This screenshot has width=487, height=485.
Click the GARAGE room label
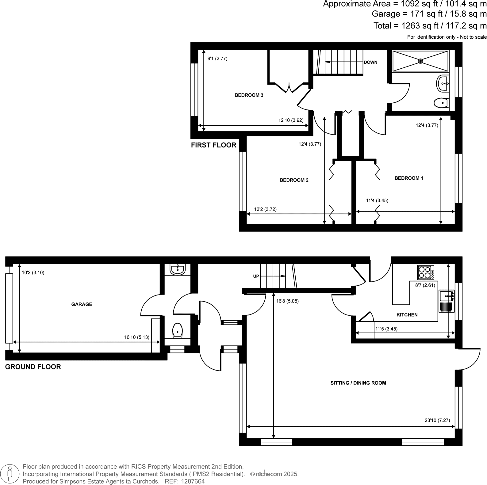pyautogui.click(x=82, y=304)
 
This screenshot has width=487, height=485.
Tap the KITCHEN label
pyautogui.click(x=407, y=315)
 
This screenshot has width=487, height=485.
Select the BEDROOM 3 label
pyautogui.click(x=249, y=95)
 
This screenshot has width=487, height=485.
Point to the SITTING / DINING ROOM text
pyautogui.click(x=358, y=383)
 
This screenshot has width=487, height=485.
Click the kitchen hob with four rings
pyautogui.click(x=426, y=272)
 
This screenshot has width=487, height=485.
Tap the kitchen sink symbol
pyautogui.click(x=446, y=296)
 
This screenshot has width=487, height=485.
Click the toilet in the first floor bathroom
pyautogui.click(x=441, y=103)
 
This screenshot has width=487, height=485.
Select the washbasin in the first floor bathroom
pyautogui.click(x=443, y=83)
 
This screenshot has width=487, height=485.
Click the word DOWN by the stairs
pyautogui.click(x=370, y=62)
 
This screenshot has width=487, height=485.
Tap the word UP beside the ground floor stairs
pyautogui.click(x=256, y=276)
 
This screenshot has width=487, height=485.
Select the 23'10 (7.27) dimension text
pyautogui.click(x=437, y=420)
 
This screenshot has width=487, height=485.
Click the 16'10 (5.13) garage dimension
pyautogui.click(x=136, y=337)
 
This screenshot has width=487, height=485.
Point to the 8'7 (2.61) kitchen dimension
pyautogui.click(x=425, y=285)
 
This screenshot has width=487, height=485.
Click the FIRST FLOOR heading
pyautogui.click(x=213, y=145)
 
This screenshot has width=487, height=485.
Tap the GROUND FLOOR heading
pyautogui.click(x=33, y=367)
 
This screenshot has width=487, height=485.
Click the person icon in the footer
pyautogui.click(x=10, y=474)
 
